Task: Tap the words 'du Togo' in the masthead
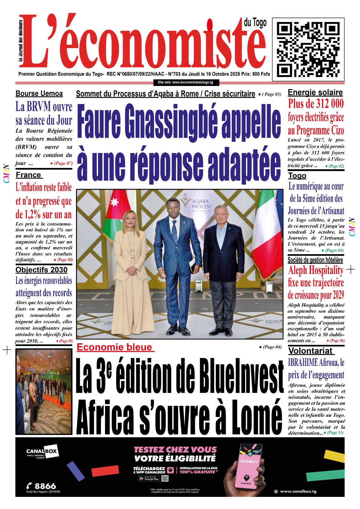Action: click(255, 23)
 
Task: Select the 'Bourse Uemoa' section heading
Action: click(39, 94)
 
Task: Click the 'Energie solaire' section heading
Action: click(315, 93)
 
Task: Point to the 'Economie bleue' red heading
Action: click(115, 347)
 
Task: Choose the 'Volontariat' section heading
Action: click(310, 351)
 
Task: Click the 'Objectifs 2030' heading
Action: click(41, 270)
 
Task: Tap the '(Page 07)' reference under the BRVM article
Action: click(63, 163)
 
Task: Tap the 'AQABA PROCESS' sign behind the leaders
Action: click(201, 204)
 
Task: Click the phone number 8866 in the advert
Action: click(45, 486)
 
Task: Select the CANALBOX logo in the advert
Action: click(41, 451)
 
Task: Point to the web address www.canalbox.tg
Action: click(298, 492)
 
